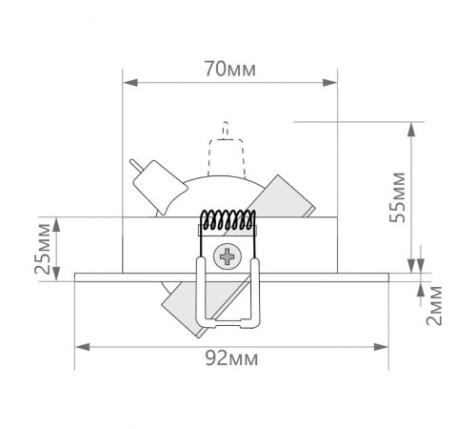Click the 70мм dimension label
[x=229, y=69]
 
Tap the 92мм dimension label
[x=231, y=358]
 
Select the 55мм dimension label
[x=398, y=197]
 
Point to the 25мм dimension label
[x=43, y=249]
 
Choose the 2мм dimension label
[x=434, y=305]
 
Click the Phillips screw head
[x=228, y=256]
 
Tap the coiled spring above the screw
[x=228, y=220]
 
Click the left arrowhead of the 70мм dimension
[x=130, y=83]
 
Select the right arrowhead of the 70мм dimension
[x=329, y=83]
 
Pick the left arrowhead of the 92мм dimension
[x=83, y=347]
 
